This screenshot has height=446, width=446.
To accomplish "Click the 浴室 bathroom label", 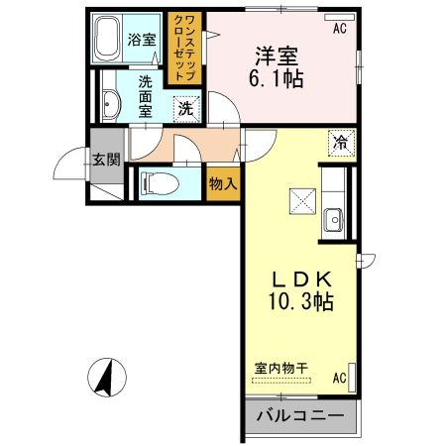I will (x=142, y=41).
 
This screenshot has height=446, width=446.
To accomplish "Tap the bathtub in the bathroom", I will (x=108, y=41).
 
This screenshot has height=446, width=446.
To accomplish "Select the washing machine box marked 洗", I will (x=185, y=108).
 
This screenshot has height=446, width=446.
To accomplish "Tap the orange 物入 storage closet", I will (x=223, y=182).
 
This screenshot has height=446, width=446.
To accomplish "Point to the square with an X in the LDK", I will (x=300, y=200).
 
